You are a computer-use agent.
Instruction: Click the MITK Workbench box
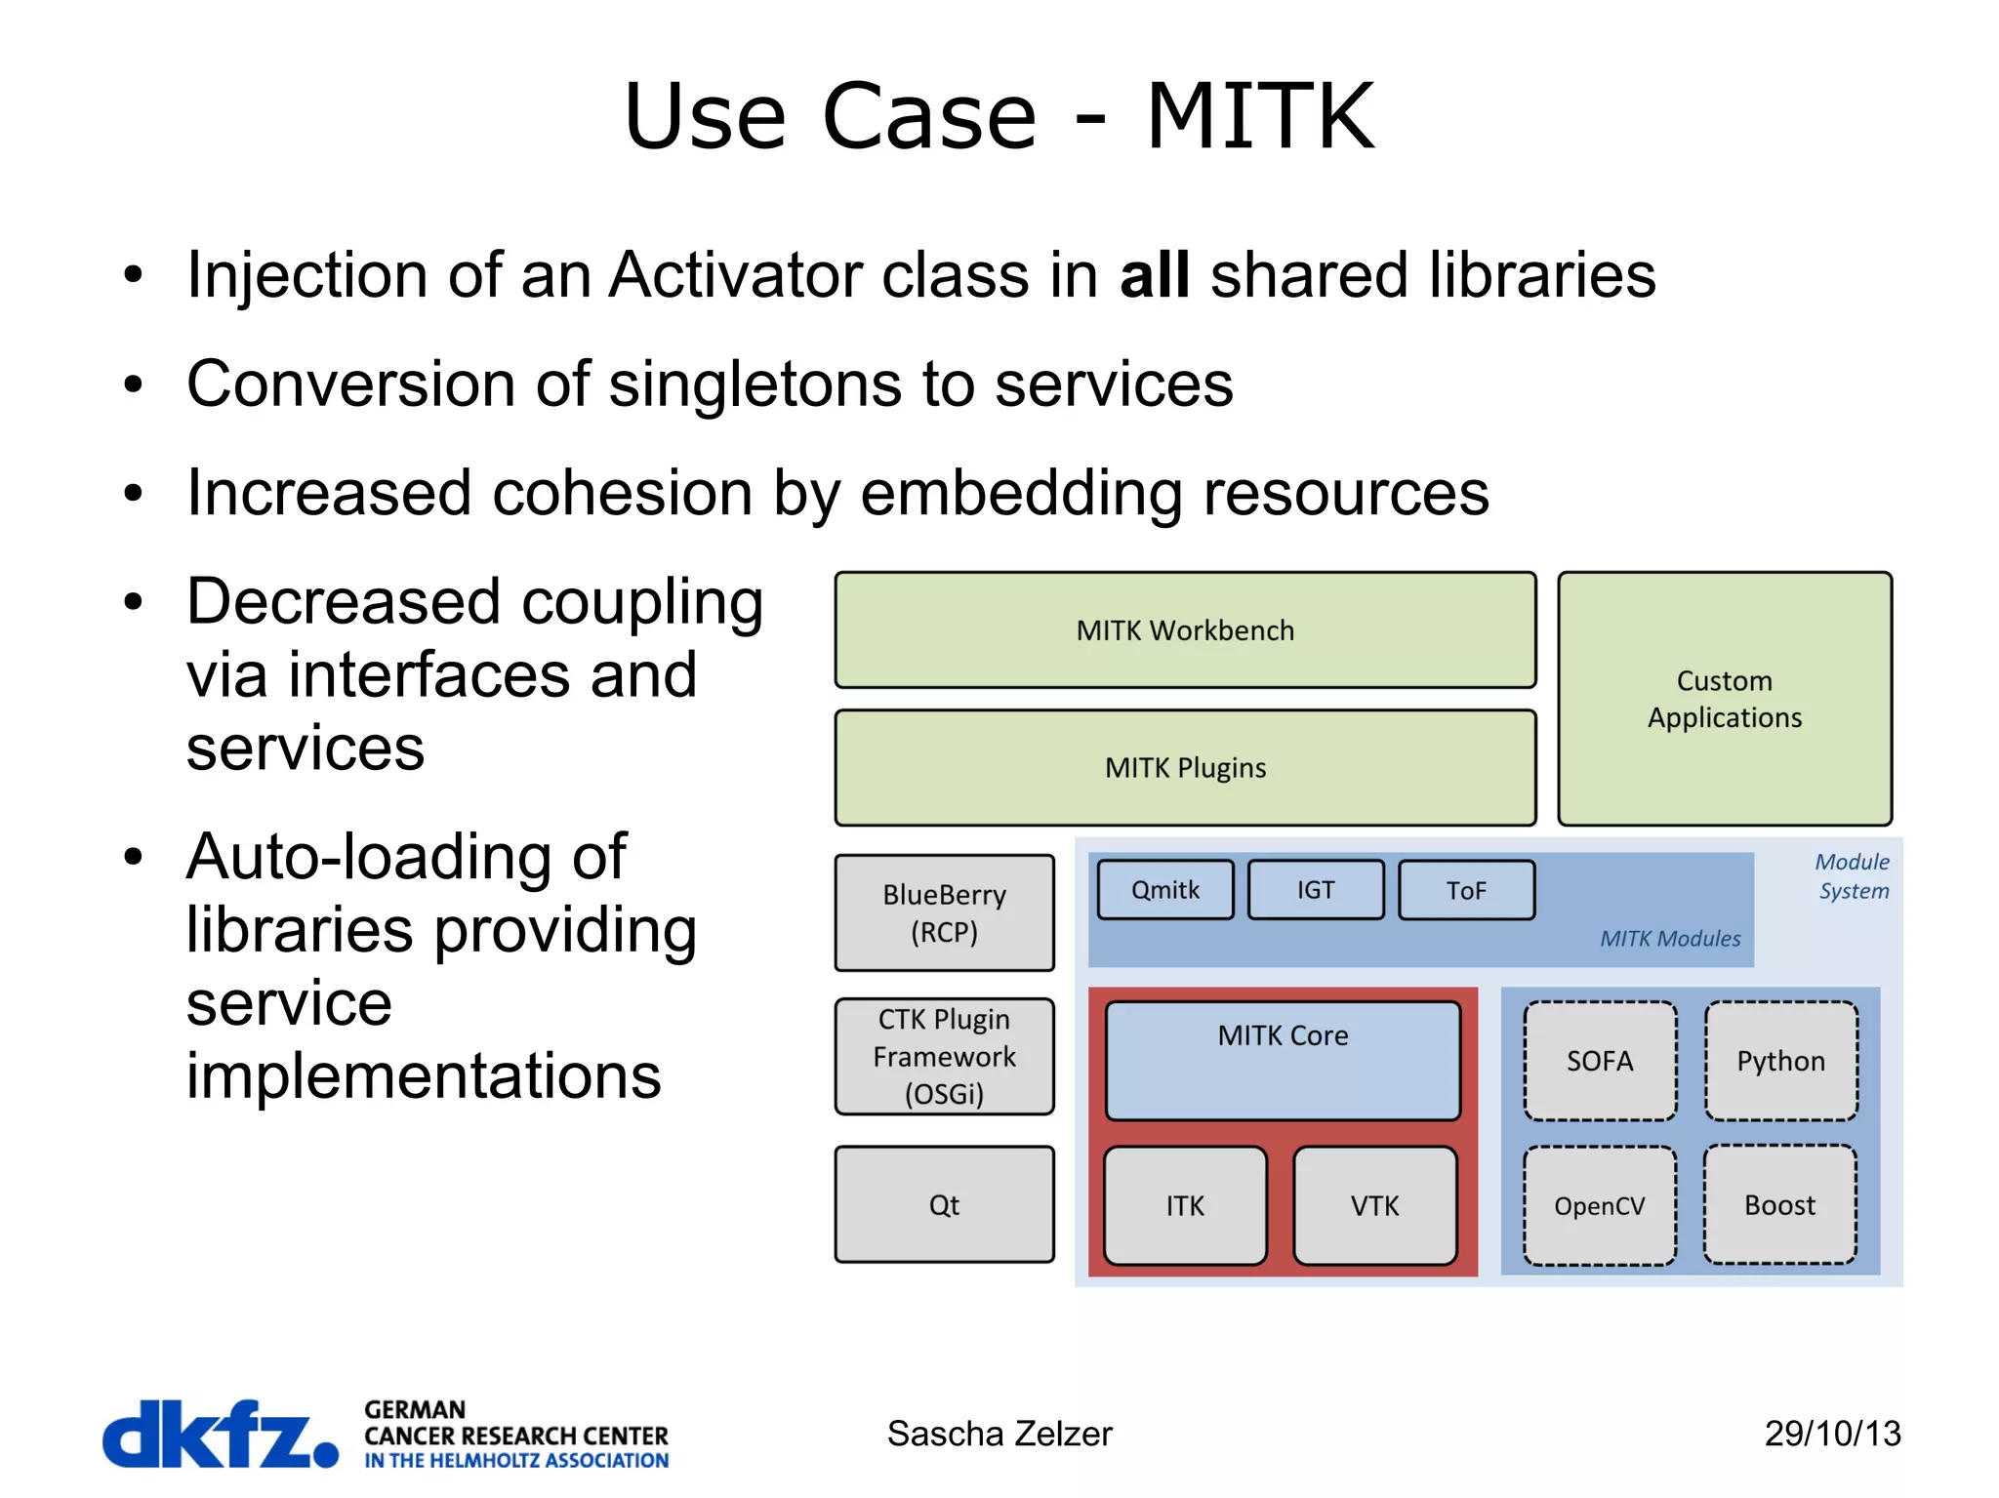pyautogui.click(x=1185, y=630)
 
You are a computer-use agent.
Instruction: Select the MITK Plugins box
pyautogui.click(x=1185, y=768)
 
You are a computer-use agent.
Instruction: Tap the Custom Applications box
pyautogui.click(x=1724, y=699)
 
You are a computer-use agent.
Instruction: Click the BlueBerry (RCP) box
pyautogui.click(x=944, y=912)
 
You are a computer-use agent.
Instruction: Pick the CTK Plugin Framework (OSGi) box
pyautogui.click(x=944, y=1056)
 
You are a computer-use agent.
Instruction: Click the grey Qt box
pyautogui.click(x=944, y=1204)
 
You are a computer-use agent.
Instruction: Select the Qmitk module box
pyautogui.click(x=1164, y=890)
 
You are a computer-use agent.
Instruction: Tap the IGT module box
pyautogui.click(x=1315, y=890)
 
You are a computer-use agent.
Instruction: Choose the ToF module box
pyautogui.click(x=1465, y=890)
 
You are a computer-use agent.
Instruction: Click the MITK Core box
pyautogui.click(x=1283, y=1060)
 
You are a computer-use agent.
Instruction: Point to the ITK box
pyautogui.click(x=1185, y=1206)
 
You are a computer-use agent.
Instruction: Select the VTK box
pyautogui.click(x=1374, y=1206)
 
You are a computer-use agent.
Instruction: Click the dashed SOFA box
pyautogui.click(x=1600, y=1061)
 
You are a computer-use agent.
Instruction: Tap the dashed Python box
pyautogui.click(x=1780, y=1061)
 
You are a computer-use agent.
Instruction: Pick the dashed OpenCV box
pyautogui.click(x=1600, y=1206)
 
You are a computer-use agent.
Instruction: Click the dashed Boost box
pyautogui.click(x=1779, y=1205)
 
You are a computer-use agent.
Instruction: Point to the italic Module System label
pyautogui.click(x=1852, y=876)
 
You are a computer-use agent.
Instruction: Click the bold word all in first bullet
pyautogui.click(x=1155, y=275)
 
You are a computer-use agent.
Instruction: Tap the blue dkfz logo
pyautogui.click(x=221, y=1434)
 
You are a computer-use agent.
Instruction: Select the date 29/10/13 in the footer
pyautogui.click(x=1832, y=1434)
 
